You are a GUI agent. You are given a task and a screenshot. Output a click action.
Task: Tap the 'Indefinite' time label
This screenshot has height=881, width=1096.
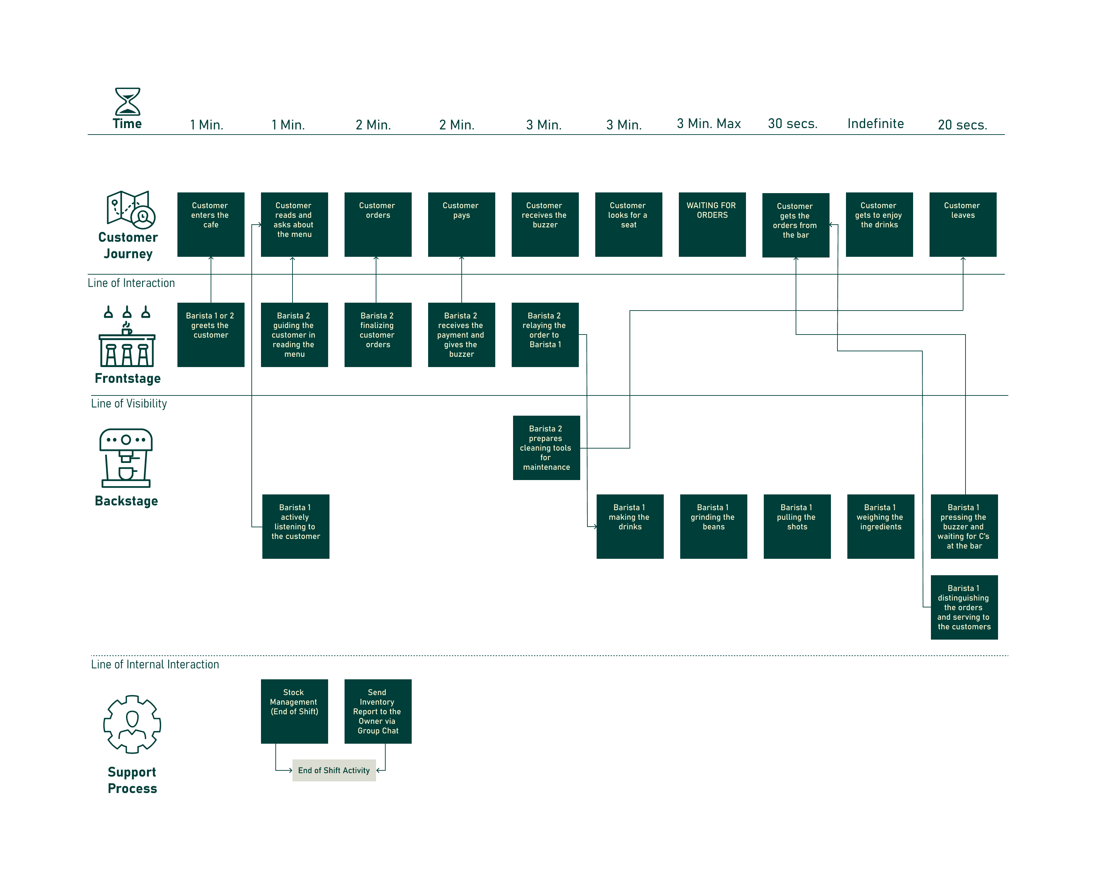(875, 124)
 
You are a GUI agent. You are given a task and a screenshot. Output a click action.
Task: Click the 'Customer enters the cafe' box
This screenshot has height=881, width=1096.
(211, 225)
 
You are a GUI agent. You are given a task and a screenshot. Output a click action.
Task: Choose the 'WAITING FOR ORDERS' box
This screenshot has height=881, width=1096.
(712, 225)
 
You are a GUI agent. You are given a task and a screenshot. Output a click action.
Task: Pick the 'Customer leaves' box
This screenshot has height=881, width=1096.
(963, 225)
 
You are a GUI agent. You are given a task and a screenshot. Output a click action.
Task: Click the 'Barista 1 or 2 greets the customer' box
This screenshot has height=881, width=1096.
(211, 335)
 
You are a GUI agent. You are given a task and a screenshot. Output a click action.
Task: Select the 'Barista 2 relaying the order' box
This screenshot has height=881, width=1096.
(545, 335)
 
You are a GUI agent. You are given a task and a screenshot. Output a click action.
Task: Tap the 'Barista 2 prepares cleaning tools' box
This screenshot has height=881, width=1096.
(547, 448)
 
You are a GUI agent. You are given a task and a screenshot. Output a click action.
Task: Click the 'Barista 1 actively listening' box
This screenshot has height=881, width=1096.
(296, 526)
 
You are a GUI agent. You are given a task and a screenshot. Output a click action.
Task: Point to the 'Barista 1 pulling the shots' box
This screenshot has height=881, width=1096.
(797, 526)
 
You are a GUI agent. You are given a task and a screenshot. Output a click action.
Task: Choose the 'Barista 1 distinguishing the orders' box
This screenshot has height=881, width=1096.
(964, 607)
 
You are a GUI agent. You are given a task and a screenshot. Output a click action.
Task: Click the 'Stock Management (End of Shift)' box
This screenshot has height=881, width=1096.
(294, 711)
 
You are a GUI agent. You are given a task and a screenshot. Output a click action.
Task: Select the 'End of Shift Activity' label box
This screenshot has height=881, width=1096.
(334, 770)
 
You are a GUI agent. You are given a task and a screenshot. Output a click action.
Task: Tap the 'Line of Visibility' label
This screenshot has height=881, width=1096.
(129, 403)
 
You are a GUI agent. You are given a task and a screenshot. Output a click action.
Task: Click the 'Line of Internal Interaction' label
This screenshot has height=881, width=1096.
(155, 665)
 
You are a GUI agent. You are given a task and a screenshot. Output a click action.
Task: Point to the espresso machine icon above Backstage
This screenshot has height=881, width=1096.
(126, 458)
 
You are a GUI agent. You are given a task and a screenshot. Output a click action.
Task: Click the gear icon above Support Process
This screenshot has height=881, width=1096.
(132, 724)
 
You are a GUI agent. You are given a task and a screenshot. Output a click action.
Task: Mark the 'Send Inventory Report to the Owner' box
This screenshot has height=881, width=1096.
(378, 711)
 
